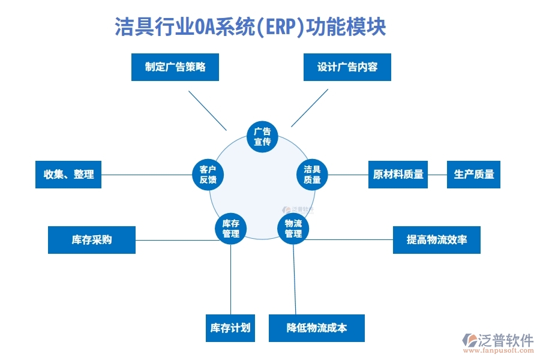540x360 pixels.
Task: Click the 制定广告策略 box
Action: (x=175, y=67)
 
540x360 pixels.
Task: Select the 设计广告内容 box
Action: (x=347, y=67)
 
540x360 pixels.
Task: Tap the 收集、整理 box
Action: (x=68, y=175)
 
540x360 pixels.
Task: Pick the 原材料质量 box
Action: (x=398, y=175)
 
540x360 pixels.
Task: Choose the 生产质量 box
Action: (x=473, y=175)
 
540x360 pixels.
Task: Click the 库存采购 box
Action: (x=92, y=240)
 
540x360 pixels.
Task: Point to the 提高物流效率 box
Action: (x=436, y=240)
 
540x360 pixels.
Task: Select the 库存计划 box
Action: (x=230, y=328)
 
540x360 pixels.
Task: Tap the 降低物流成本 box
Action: (x=316, y=328)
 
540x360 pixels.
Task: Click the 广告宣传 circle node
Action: (x=262, y=137)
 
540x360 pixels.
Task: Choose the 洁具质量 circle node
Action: (x=312, y=175)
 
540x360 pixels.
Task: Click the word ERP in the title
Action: (x=278, y=27)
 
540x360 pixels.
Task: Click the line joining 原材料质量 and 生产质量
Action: (x=437, y=175)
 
